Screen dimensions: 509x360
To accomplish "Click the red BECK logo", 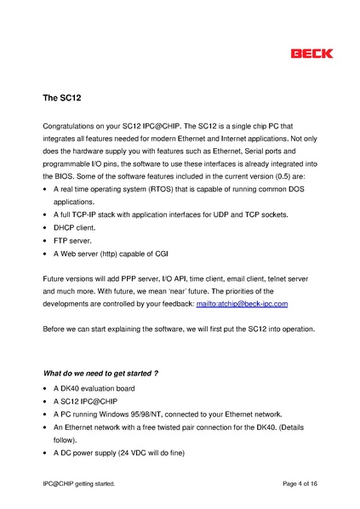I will (312, 54).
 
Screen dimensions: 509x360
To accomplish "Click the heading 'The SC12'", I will (62, 98).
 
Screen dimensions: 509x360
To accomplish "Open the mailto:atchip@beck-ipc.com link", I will (243, 303).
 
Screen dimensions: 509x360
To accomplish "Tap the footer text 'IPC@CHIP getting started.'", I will (79, 483).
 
